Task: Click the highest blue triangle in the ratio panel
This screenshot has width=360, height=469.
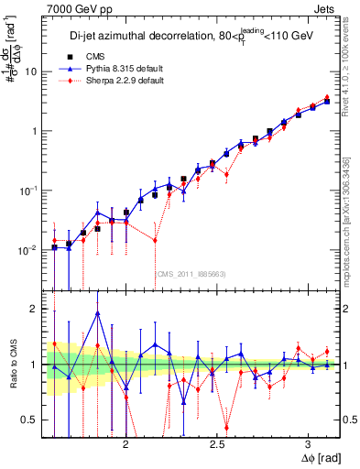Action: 97,313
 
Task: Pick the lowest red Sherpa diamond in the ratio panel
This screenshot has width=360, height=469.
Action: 226,427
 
